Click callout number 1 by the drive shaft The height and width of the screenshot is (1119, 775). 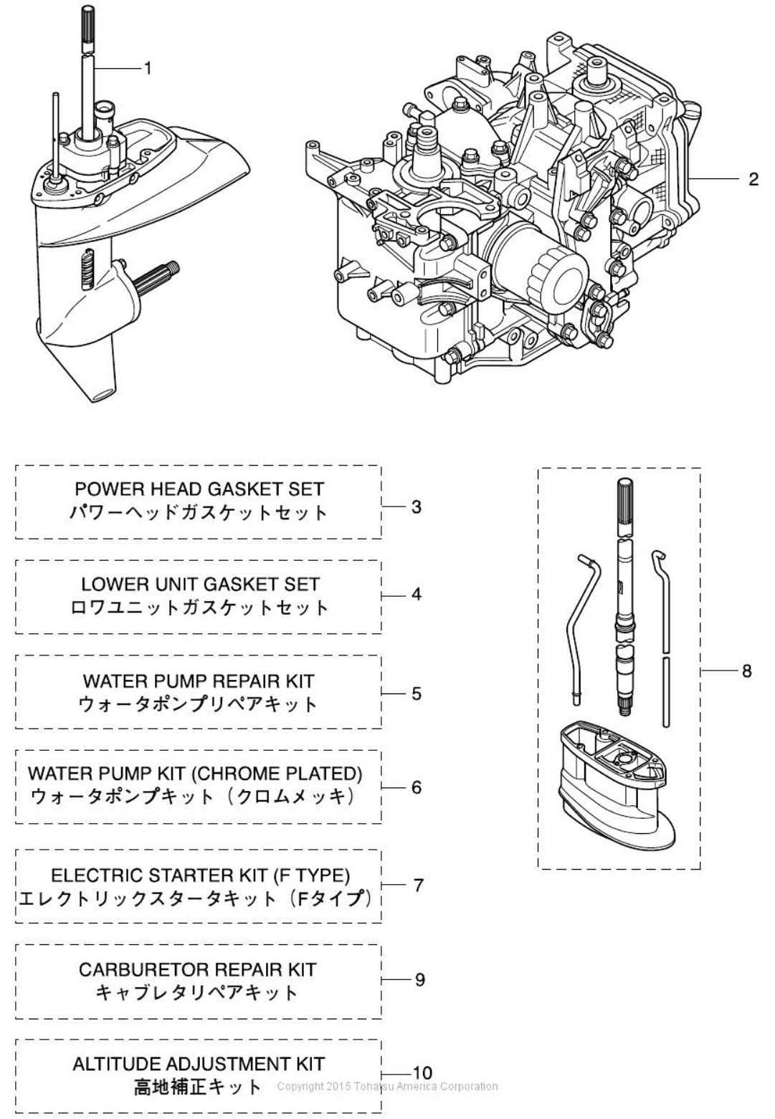point(148,68)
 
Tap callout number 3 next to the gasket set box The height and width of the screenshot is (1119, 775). point(417,507)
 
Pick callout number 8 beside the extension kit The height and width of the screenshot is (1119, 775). point(746,671)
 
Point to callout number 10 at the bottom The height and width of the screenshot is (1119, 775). point(422,1072)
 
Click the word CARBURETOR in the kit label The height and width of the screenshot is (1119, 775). point(136,970)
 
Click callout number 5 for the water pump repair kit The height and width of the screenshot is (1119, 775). point(417,693)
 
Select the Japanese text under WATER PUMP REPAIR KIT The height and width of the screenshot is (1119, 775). point(197,705)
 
